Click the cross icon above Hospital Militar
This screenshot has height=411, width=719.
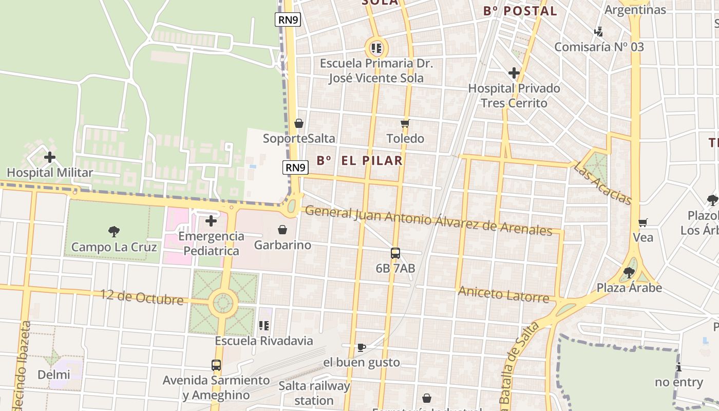click(50, 157)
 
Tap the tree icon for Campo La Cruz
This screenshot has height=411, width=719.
click(114, 232)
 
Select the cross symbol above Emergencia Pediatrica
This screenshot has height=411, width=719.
click(211, 221)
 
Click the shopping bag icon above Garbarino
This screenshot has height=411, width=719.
click(282, 230)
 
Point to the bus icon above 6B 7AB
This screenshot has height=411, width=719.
click(395, 253)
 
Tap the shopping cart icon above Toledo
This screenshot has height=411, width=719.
click(405, 123)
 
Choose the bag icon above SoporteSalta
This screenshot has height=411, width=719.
click(298, 123)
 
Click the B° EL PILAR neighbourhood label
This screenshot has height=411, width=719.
click(359, 160)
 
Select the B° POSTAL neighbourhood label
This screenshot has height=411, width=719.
click(520, 11)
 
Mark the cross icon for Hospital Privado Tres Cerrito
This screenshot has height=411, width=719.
click(514, 73)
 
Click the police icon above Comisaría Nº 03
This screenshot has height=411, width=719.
click(598, 32)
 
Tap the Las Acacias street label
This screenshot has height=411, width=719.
click(602, 183)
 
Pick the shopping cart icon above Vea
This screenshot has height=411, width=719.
click(642, 222)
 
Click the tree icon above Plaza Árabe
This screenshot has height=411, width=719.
click(629, 272)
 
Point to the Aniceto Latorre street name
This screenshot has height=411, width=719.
click(503, 294)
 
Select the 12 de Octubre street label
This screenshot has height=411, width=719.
click(141, 297)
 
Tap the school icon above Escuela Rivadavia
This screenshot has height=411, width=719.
click(264, 325)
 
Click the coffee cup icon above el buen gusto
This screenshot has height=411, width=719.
click(361, 347)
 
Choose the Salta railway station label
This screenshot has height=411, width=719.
click(314, 393)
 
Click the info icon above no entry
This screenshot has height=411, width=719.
click(679, 367)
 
